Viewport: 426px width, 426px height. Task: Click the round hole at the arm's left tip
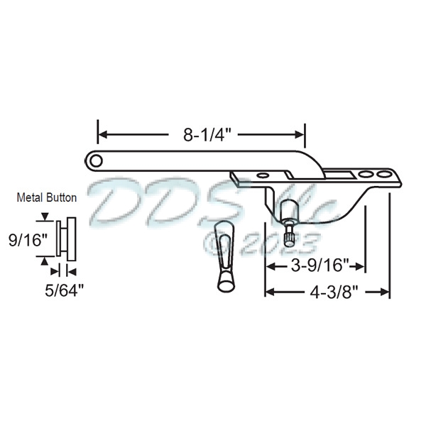point(94,160)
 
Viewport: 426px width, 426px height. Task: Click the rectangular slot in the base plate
point(339,173)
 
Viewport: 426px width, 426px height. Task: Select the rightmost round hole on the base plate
point(383,173)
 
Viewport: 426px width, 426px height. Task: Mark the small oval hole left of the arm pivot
point(263,174)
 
